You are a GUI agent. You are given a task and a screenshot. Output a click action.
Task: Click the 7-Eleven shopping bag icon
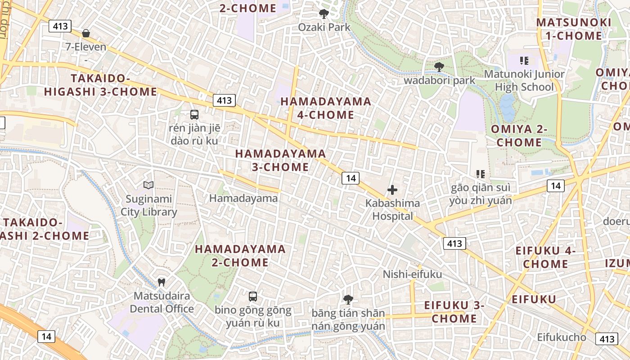(86, 33)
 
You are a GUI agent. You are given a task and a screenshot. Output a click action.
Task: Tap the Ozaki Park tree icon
(324, 14)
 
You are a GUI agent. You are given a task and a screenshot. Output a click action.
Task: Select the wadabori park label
(439, 81)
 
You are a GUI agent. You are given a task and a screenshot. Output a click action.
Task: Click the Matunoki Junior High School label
(524, 80)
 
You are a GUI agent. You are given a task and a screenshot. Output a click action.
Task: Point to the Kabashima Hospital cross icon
(392, 190)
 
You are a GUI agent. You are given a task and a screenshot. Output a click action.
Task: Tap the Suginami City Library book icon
(148, 185)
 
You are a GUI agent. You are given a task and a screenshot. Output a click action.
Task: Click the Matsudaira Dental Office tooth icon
(162, 283)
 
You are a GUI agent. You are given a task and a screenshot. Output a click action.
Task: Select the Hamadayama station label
(243, 198)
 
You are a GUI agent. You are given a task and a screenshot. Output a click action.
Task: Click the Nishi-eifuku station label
(412, 274)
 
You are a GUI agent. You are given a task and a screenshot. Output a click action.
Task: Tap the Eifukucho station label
(562, 337)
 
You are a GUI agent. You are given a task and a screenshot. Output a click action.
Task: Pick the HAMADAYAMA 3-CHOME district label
(280, 160)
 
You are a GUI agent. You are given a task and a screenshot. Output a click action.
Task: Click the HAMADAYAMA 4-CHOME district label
(326, 108)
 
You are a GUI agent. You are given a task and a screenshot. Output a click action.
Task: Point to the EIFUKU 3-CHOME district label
(454, 312)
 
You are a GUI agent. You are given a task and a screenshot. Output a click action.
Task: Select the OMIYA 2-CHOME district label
(519, 135)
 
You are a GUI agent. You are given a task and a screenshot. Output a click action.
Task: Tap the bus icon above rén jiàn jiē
(194, 114)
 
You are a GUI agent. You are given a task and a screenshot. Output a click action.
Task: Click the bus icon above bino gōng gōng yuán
(253, 296)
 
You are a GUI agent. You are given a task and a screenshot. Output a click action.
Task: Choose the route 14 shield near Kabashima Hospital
(351, 178)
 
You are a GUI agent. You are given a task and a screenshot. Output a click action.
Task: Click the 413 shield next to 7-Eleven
(60, 26)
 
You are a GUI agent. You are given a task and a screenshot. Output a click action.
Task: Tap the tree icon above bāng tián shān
(348, 299)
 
